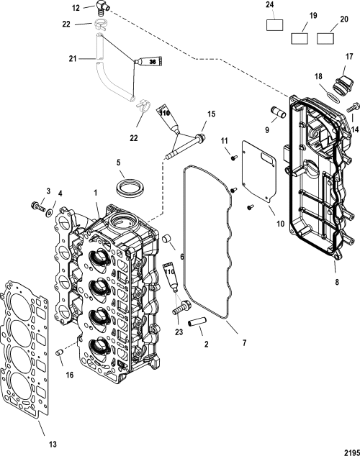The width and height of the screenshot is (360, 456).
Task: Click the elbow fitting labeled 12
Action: click(101, 7)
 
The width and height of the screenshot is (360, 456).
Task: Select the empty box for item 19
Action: click(300, 38)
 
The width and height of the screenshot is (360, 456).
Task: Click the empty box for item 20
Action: click(325, 38)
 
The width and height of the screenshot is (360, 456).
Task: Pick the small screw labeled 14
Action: click(353, 107)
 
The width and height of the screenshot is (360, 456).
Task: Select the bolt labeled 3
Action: click(37, 206)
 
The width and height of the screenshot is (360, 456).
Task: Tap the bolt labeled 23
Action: click(181, 308)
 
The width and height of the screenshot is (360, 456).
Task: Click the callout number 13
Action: click(53, 444)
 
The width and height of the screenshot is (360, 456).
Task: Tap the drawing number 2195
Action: click(352, 452)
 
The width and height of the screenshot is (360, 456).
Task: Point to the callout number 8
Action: click(337, 282)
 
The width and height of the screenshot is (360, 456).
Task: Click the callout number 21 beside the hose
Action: click(73, 59)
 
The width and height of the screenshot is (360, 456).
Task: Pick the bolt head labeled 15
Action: click(200, 137)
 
